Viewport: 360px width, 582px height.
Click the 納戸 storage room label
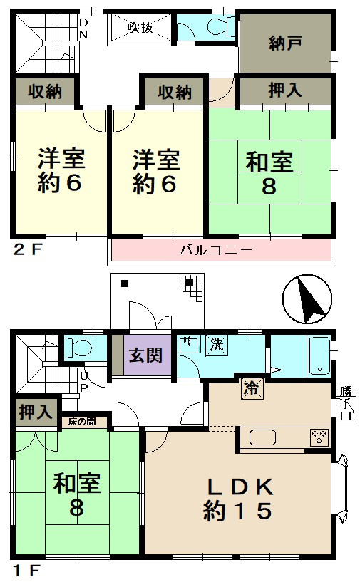point(285,43)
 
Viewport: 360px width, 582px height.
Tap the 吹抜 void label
point(140,27)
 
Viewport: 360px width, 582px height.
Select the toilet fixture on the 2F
point(221,27)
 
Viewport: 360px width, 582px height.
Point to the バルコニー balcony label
point(216,250)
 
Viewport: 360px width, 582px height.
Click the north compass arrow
point(310,301)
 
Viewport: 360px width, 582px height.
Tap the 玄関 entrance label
point(145,355)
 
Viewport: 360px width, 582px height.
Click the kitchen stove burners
point(319,437)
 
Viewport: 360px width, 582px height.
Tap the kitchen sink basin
point(262,437)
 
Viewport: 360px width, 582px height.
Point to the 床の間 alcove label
point(82,422)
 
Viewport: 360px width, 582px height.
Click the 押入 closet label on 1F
point(36,412)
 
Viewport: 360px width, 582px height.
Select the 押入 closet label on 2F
point(285,90)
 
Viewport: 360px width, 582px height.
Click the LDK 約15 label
point(238,499)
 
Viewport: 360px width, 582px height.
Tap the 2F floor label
point(26,249)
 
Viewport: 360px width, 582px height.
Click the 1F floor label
point(26,570)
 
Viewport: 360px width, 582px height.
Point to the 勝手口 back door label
point(346,403)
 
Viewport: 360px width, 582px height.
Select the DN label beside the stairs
point(83,28)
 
